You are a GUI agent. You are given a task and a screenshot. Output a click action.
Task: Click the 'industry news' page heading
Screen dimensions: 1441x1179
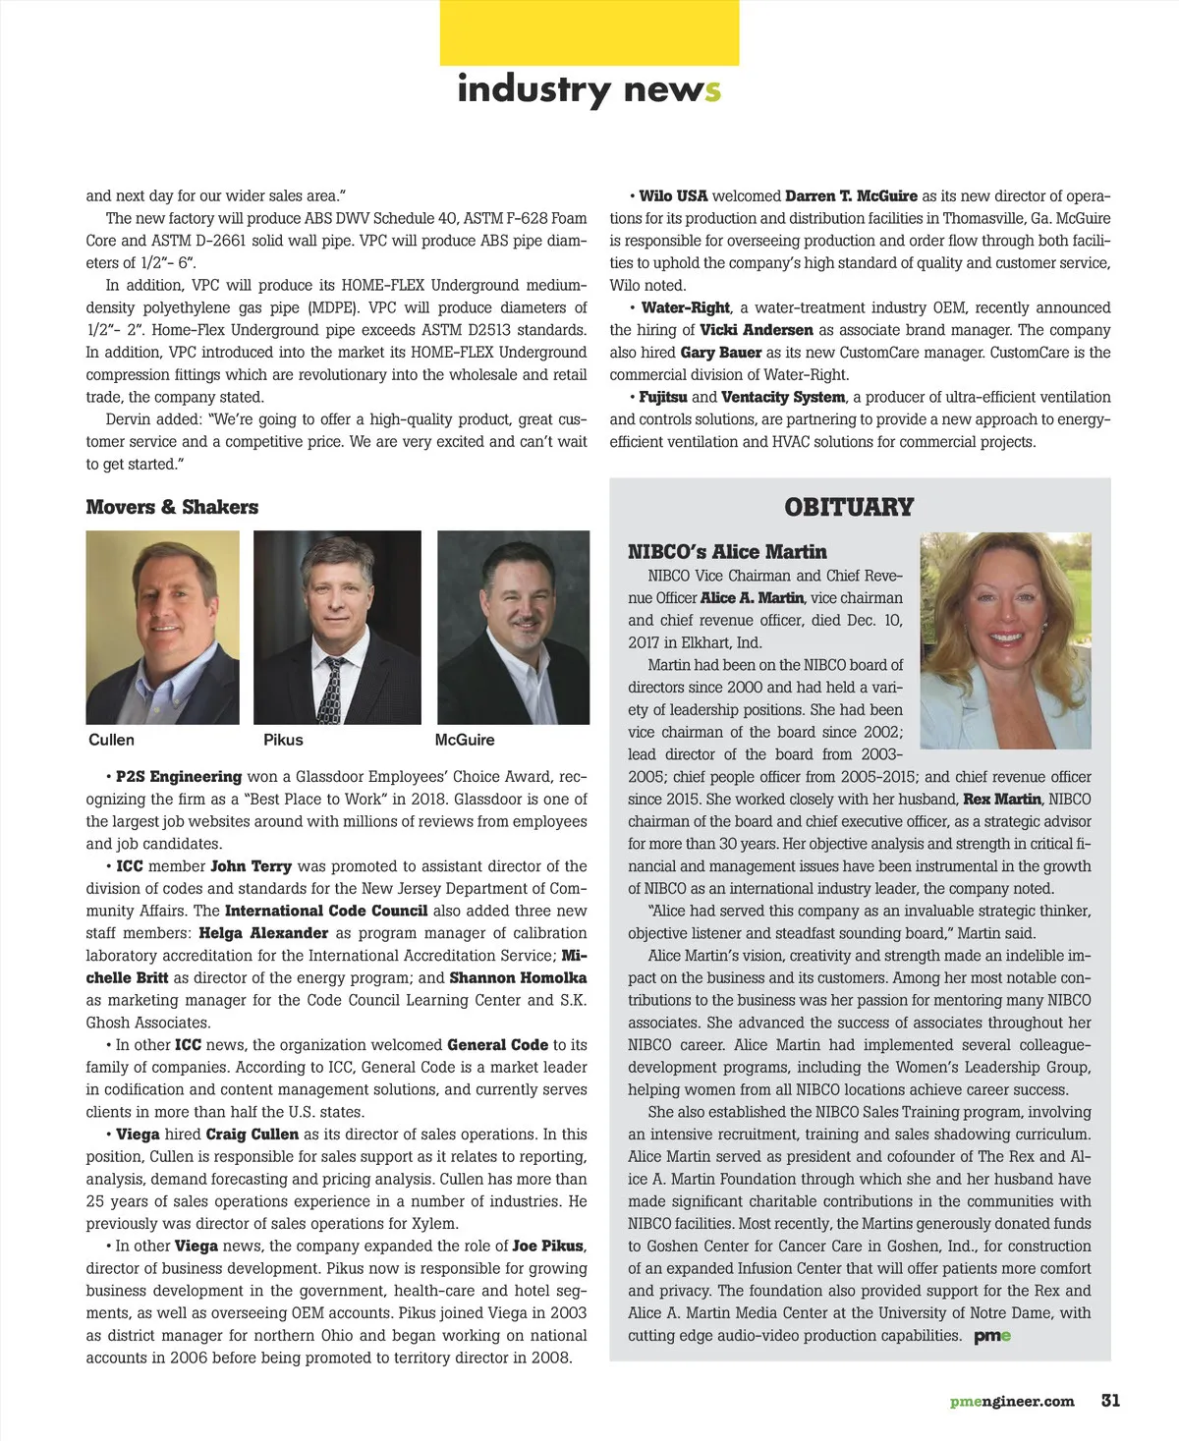click(589, 89)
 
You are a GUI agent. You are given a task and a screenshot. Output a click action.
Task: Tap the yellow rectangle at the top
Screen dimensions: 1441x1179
click(589, 33)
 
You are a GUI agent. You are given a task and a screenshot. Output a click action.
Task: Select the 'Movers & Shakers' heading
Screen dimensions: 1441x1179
click(172, 507)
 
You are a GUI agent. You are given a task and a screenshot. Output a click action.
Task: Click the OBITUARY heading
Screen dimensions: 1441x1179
click(849, 507)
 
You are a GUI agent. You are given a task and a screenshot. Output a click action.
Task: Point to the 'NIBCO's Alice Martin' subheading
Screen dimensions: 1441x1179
click(727, 552)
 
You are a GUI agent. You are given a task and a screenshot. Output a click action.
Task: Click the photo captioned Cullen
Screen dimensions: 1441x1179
click(163, 627)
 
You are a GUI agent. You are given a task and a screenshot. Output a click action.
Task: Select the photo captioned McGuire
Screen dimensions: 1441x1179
click(513, 627)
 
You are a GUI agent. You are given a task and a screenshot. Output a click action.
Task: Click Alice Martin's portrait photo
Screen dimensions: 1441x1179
click(1005, 640)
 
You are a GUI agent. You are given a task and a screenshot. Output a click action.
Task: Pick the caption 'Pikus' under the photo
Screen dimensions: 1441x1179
click(283, 740)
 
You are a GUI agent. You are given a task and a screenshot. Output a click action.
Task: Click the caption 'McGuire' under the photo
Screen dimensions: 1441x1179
click(465, 740)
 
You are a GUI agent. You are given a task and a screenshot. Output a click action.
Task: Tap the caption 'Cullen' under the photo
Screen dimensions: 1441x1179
click(111, 740)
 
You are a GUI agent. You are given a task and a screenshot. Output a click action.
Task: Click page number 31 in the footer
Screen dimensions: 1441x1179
click(1110, 1401)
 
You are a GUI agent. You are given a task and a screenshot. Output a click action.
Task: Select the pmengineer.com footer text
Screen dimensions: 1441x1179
click(1012, 1402)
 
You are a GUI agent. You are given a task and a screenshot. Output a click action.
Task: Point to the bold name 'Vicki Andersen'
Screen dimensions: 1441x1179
click(757, 330)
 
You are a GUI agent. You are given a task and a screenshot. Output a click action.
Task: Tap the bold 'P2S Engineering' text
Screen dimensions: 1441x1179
click(179, 776)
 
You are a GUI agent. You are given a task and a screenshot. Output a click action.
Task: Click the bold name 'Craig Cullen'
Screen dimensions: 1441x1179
click(252, 1134)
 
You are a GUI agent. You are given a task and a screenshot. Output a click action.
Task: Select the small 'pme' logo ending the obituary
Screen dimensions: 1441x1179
click(992, 1336)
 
